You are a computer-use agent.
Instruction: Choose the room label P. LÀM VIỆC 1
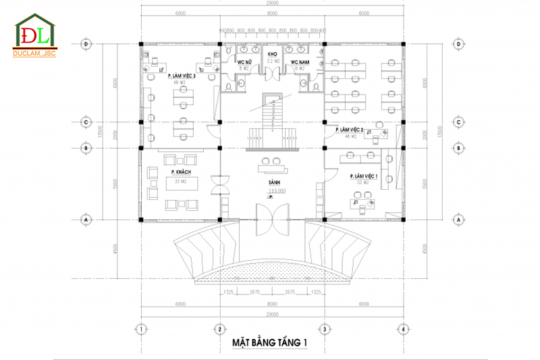[x=364, y=176]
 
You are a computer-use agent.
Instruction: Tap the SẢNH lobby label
[x=273, y=183]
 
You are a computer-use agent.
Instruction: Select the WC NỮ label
[x=244, y=63]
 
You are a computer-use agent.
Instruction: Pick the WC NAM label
[x=299, y=63]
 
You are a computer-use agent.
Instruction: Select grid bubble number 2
[x=219, y=329]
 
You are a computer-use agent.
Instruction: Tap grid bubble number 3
[x=325, y=329]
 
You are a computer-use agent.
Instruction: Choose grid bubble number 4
[x=402, y=329]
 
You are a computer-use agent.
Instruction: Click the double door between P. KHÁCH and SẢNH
[x=221, y=185]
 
